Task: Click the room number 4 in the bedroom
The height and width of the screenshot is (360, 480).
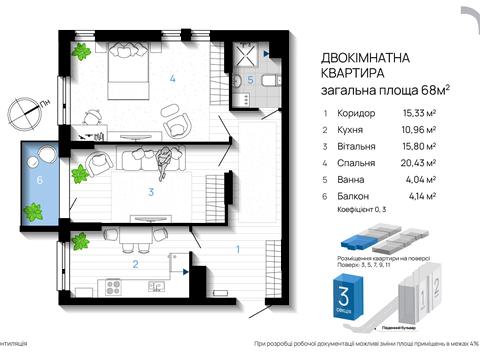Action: (173, 79)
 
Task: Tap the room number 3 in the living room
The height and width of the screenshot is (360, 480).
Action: (149, 191)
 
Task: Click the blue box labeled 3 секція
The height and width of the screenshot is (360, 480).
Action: (342, 301)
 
